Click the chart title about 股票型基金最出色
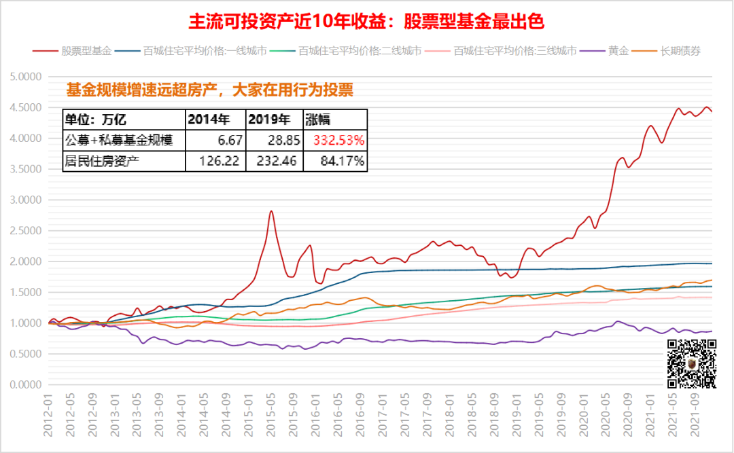(366, 21)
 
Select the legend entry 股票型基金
(84, 51)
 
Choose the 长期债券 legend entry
(680, 51)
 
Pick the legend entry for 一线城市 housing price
(205, 51)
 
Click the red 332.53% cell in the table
(338, 141)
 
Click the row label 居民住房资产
(102, 161)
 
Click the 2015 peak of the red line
(271, 211)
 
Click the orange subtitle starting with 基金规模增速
(209, 90)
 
